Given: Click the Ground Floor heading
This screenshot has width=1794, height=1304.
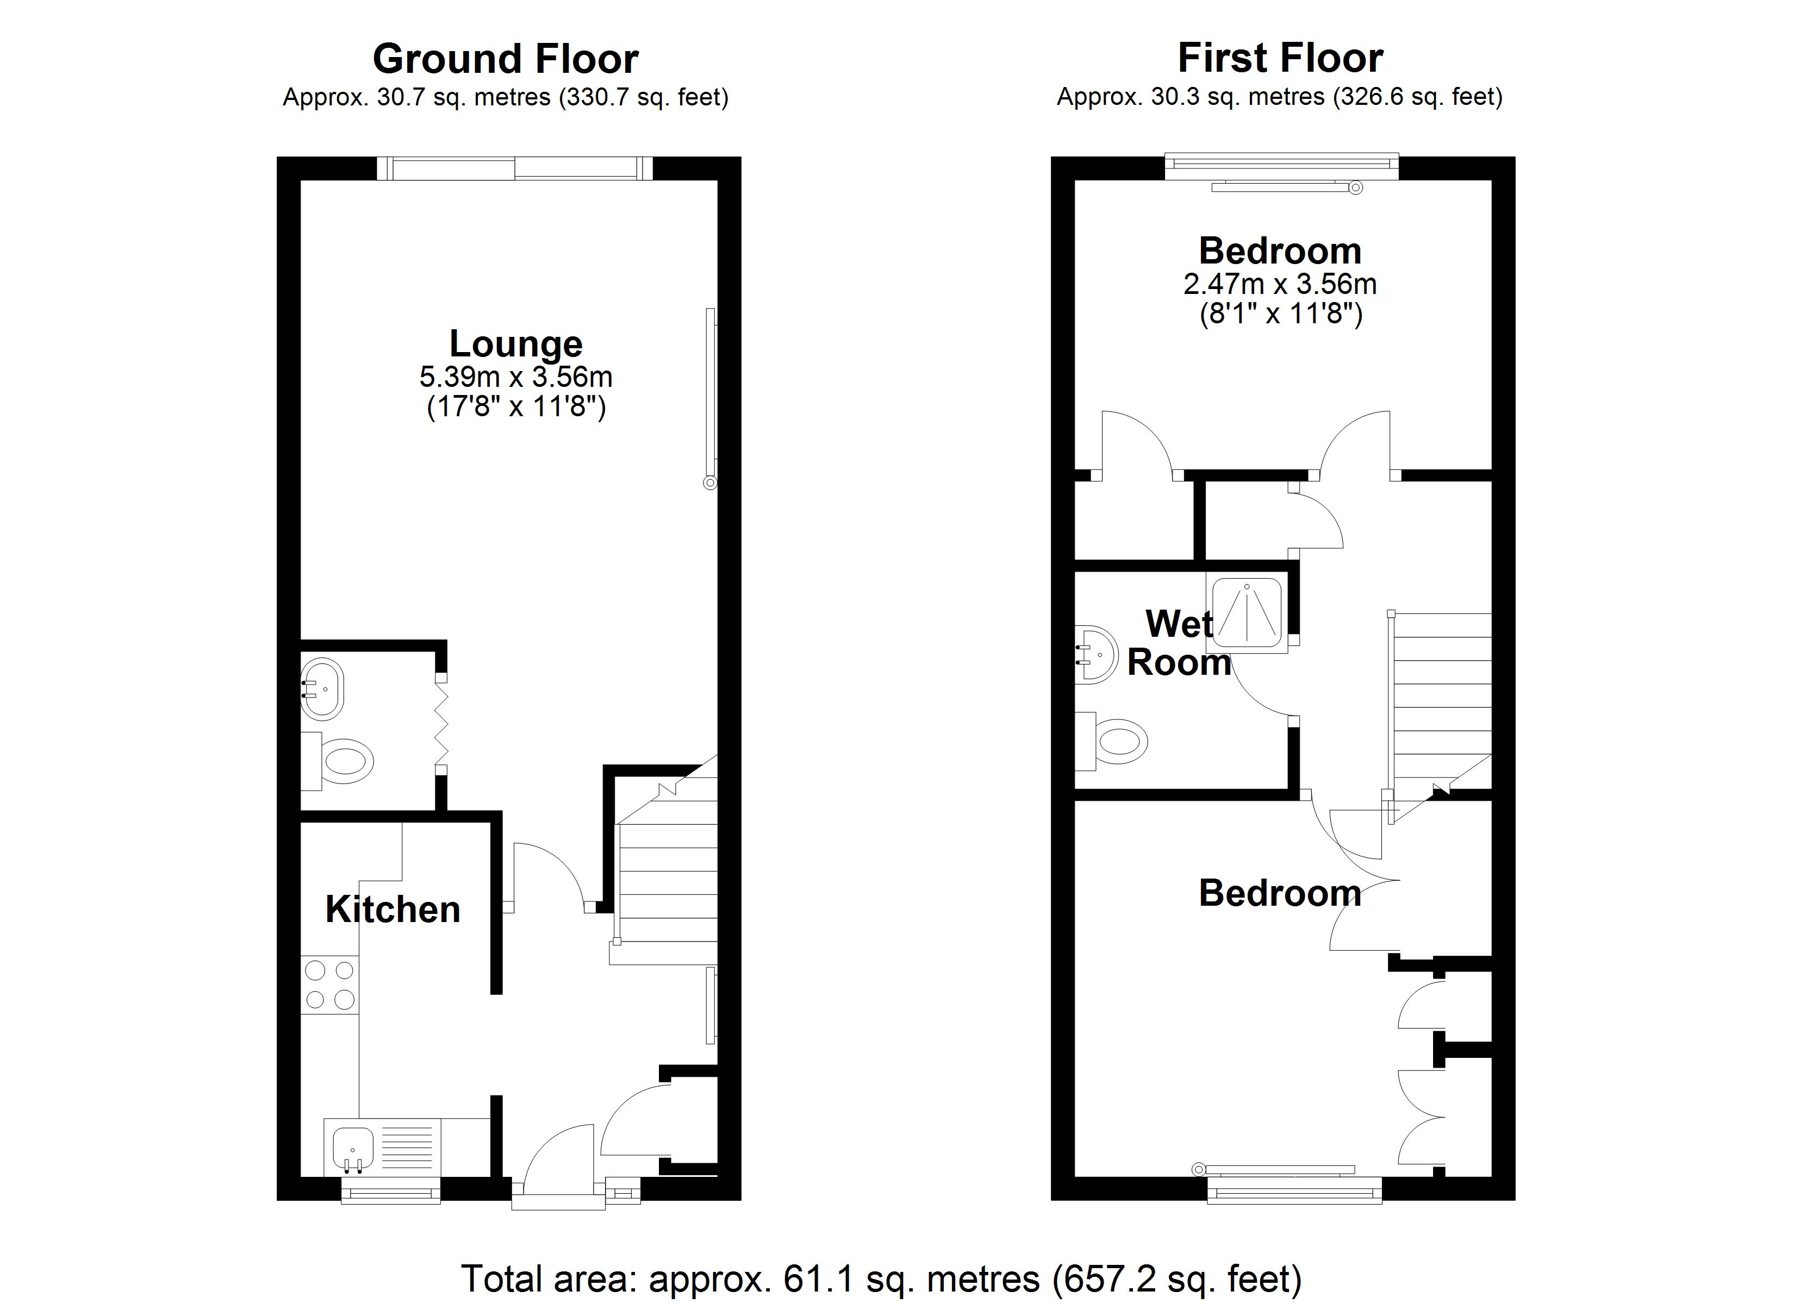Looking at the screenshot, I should [506, 59].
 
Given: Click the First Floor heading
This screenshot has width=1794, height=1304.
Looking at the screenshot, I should [1280, 58].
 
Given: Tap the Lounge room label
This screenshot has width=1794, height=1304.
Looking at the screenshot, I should [516, 343].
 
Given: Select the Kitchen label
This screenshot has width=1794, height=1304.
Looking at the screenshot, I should [393, 910].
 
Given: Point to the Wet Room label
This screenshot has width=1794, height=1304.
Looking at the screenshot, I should [1179, 643].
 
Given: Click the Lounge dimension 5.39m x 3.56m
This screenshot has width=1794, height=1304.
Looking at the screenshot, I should [516, 377].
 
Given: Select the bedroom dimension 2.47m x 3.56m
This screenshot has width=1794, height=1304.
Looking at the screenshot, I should [1280, 283].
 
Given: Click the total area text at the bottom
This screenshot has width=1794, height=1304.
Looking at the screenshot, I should [881, 1278].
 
